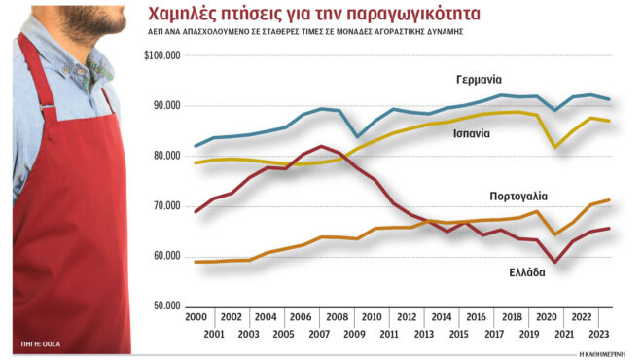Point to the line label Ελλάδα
click(523, 272)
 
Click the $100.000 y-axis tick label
click(162, 55)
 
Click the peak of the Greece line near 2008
click(322, 147)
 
